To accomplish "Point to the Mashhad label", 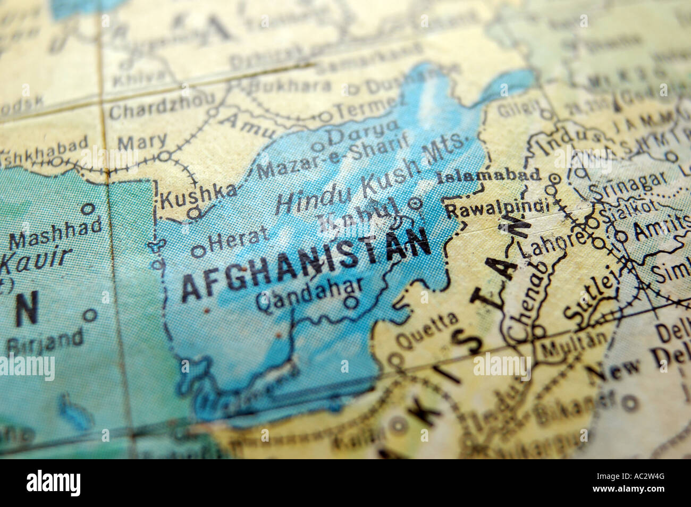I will pos(56,234).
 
